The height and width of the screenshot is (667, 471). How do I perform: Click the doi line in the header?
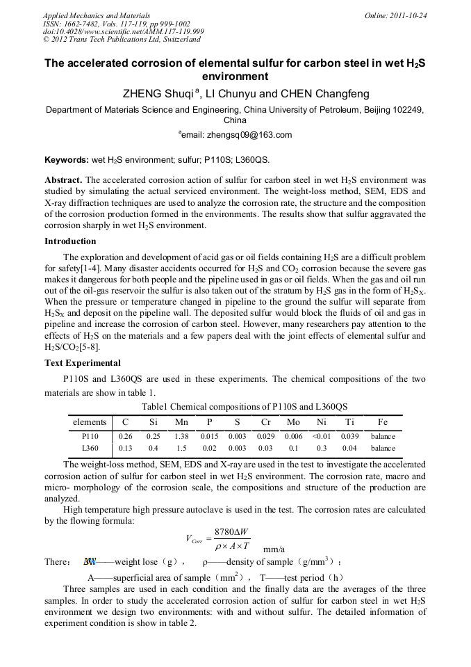(123, 32)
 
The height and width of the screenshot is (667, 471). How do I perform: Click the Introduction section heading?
(70, 241)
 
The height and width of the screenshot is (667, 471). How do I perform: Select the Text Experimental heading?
(83, 363)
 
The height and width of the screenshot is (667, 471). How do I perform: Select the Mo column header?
(293, 422)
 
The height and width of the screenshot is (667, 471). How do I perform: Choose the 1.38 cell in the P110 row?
(181, 437)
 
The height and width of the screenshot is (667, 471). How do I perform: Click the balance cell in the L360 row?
(383, 449)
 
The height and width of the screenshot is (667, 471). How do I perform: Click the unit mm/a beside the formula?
(274, 549)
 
